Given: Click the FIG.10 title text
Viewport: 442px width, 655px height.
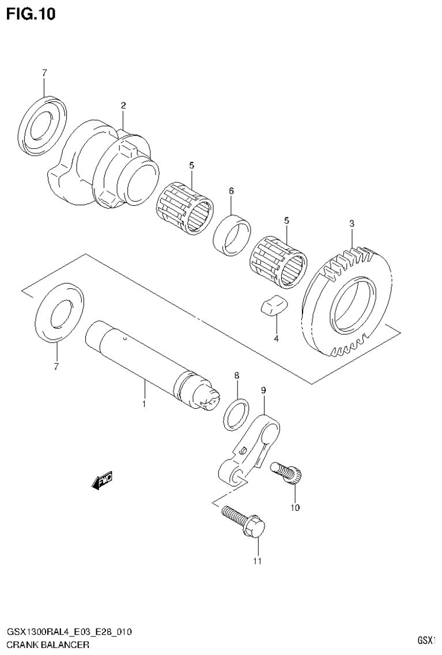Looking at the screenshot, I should tap(31, 14).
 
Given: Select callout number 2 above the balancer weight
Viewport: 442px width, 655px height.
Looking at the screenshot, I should tap(123, 105).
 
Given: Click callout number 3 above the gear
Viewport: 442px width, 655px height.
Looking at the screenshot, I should tap(352, 224).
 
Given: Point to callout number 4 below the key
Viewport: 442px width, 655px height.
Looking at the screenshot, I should tap(276, 338).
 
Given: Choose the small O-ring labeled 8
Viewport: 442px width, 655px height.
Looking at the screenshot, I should tap(236, 413).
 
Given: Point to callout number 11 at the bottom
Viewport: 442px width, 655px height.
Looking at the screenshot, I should tap(257, 560).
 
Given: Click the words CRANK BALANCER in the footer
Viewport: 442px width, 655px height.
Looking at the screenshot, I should tap(48, 645).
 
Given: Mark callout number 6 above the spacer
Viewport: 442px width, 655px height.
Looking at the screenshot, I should tap(231, 191).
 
